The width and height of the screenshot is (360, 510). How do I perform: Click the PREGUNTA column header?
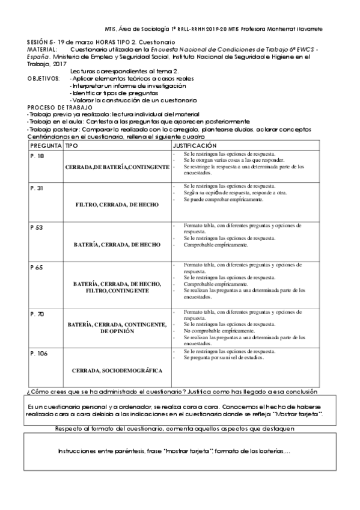[44, 146]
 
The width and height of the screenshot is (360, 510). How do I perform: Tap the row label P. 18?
[37, 155]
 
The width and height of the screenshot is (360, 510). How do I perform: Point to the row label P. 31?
[37, 188]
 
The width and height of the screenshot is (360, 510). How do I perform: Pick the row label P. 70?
[37, 314]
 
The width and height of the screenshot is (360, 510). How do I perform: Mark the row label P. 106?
[38, 353]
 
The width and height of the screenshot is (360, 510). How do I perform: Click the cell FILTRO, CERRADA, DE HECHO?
[117, 204]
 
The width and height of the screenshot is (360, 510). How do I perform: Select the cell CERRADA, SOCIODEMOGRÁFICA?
[117, 370]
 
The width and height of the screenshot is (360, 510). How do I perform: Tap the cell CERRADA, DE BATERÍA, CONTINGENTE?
[117, 166]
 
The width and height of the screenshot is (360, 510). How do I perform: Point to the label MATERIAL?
[42, 49]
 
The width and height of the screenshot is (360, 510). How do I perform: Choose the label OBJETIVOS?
[44, 79]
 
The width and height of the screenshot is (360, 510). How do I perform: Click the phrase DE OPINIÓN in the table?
[117, 331]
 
